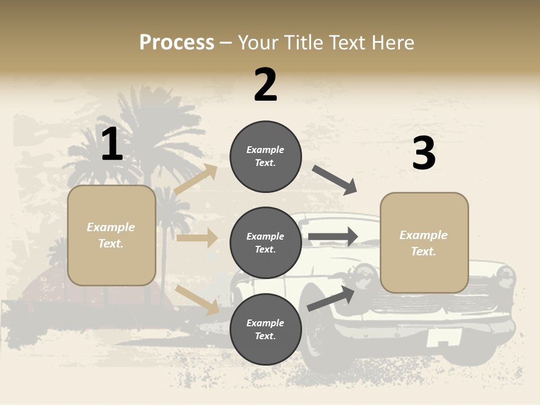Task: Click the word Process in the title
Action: (177, 43)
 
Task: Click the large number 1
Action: (112, 145)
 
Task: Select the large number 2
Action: (265, 85)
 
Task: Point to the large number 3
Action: (424, 154)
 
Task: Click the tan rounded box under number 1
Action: (111, 235)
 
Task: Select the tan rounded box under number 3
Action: (424, 242)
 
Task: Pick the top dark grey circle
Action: (265, 156)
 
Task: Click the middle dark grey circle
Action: (265, 242)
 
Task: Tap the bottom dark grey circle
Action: (265, 329)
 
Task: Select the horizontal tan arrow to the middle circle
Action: (197, 238)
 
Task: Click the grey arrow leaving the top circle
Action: (335, 180)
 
